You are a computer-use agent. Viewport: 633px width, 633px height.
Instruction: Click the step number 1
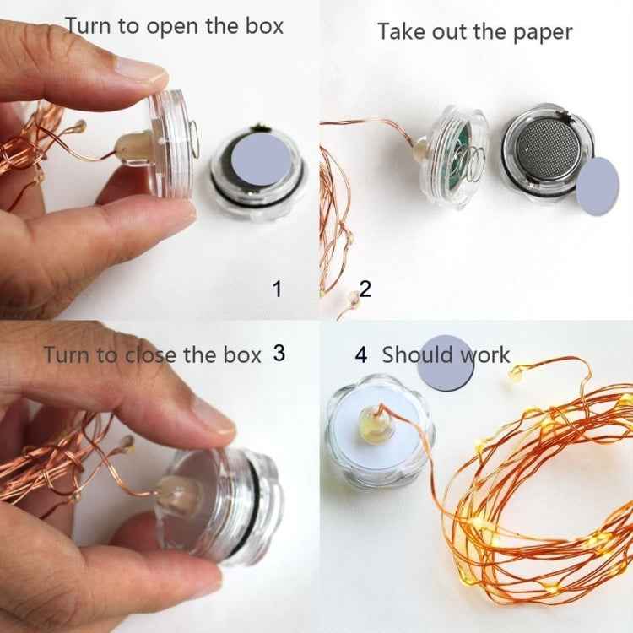[x=276, y=289]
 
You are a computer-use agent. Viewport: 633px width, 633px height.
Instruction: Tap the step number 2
[x=365, y=289]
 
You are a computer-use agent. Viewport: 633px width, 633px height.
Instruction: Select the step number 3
[x=279, y=353]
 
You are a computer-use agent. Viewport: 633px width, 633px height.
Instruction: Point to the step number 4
[x=361, y=354]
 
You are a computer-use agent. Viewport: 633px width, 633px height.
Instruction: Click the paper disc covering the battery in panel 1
[x=258, y=165]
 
